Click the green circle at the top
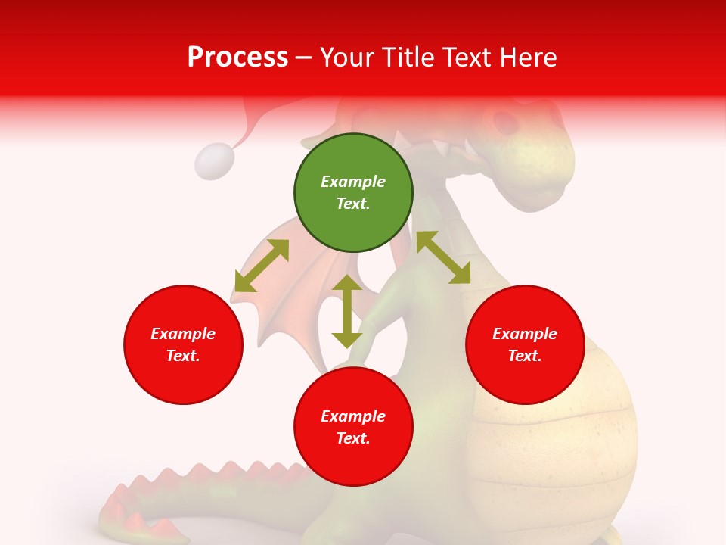353,193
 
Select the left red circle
183,344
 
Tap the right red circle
525,344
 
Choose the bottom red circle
353,427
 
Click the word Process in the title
237,57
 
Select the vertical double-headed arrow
347,311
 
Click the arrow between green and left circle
262,266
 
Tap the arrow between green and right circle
443,257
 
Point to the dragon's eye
504,120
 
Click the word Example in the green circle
353,182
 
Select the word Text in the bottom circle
353,438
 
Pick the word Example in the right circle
525,334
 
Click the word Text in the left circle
183,356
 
